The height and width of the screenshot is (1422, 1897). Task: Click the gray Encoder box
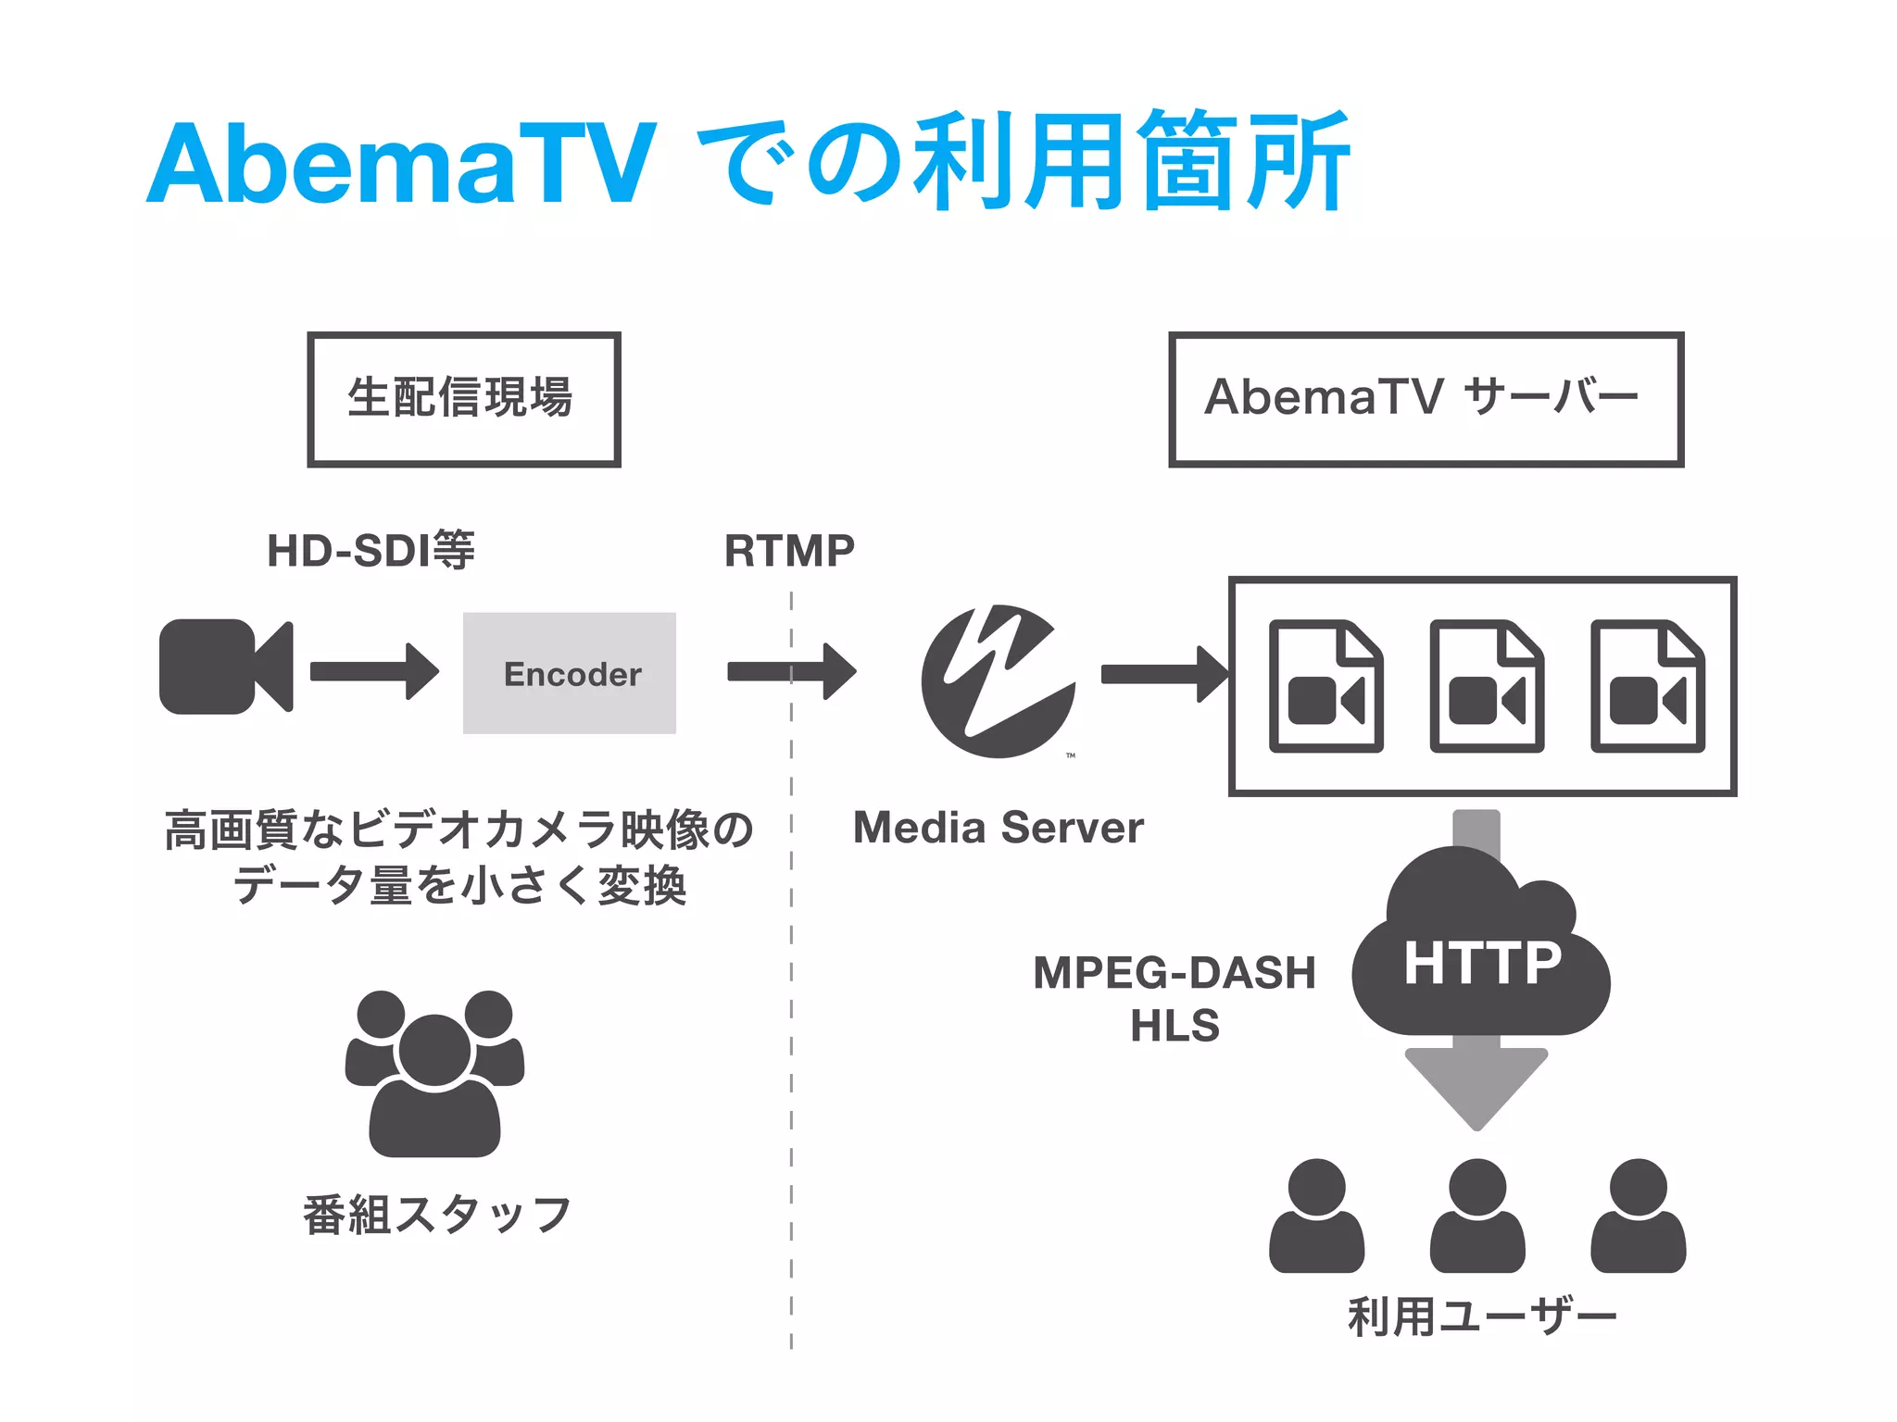[x=569, y=673]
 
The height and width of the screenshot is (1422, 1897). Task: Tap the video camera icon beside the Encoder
[x=225, y=667]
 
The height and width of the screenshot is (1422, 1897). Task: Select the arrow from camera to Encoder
[x=373, y=671]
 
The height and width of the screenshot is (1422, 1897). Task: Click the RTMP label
[x=789, y=551]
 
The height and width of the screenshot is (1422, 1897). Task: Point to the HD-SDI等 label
[x=371, y=551]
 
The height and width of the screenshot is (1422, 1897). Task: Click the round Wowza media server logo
[x=999, y=681]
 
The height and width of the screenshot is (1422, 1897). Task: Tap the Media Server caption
[x=998, y=828]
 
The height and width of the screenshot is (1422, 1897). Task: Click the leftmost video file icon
[x=1325, y=686]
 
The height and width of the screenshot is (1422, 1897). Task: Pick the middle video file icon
[x=1486, y=686]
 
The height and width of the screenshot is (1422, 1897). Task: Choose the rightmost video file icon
[x=1647, y=686]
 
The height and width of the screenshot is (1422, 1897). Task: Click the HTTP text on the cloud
[x=1482, y=963]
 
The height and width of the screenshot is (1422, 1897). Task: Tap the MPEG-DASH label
[x=1175, y=973]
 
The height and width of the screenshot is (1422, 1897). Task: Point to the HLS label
[x=1175, y=1026]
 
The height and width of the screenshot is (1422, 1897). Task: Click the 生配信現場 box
[x=464, y=399]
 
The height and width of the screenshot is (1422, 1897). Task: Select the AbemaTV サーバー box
[x=1426, y=399]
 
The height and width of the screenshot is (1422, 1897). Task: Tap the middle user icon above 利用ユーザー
[x=1477, y=1215]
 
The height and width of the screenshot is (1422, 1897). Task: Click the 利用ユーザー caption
[x=1482, y=1316]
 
